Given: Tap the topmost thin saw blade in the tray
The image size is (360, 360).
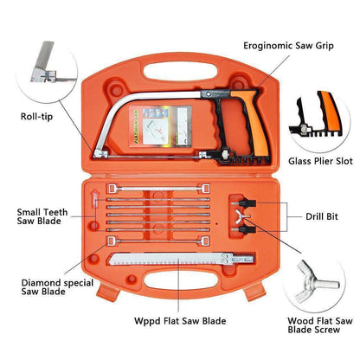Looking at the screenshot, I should coord(156,187).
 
